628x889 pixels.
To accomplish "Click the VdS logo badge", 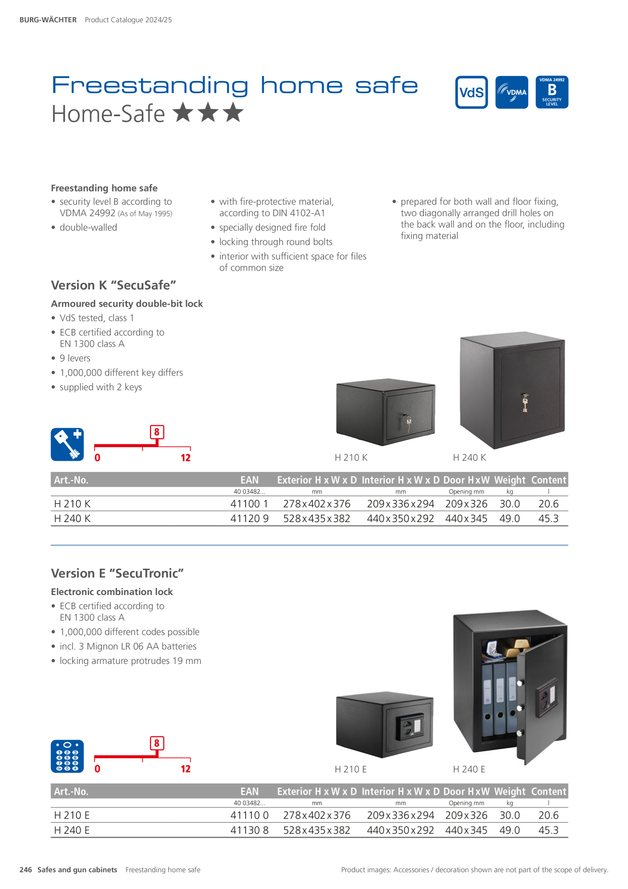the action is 472,92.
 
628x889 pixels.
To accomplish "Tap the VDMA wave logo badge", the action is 512,92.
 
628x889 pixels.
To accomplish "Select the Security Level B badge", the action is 552,92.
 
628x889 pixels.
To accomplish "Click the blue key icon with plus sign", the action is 67,444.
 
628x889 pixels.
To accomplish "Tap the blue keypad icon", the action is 67,756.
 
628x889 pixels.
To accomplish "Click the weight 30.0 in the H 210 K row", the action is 509,504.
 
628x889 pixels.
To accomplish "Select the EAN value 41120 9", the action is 250,518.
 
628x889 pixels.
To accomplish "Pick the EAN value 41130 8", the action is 250,830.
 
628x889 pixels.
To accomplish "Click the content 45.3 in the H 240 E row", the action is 548,830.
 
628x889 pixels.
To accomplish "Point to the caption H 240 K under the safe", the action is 469,458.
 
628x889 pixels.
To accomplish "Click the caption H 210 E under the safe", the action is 350,769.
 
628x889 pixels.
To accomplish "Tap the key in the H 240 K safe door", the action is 525,403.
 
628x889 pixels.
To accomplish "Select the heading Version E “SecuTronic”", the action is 117,573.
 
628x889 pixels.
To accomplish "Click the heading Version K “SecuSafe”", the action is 113,285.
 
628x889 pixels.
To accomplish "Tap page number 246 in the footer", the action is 25,870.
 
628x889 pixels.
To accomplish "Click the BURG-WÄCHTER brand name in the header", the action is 48,20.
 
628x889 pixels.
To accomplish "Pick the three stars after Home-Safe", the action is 208,113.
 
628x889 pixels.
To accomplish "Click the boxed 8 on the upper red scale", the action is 156,432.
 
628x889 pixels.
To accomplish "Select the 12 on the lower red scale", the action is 185,769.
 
